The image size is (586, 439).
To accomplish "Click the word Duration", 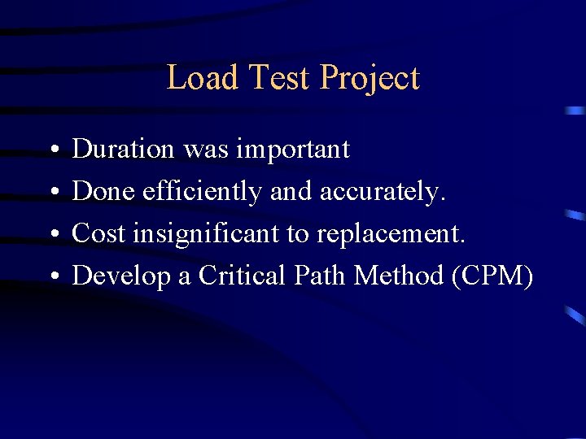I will click(124, 150).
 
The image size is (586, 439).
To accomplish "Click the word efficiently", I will click(202, 193).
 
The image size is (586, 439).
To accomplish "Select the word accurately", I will click(383, 193).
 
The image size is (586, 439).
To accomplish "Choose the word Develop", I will click(122, 277).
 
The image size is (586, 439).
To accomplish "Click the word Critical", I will click(241, 276).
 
